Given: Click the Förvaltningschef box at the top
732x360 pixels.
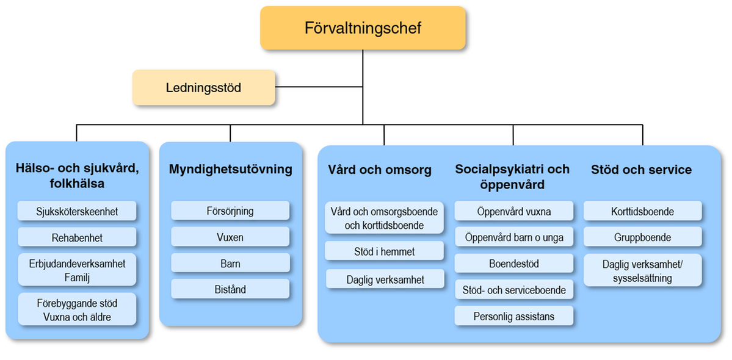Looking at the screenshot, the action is [x=363, y=28].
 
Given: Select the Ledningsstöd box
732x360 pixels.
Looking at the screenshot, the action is [x=204, y=87].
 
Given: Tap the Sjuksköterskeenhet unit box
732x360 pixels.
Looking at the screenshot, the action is [x=77, y=211].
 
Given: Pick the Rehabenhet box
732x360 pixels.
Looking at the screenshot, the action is [x=77, y=237].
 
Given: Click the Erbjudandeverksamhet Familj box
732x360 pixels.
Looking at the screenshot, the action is [x=77, y=270].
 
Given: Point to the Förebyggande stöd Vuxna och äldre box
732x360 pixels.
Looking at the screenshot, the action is [x=77, y=309].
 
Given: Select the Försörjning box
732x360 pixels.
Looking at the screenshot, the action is [x=230, y=211].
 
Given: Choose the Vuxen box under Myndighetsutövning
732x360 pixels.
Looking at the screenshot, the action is [x=230, y=237].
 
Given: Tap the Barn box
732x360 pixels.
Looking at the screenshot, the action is [x=230, y=263].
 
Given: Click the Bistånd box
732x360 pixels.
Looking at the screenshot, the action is [x=230, y=289].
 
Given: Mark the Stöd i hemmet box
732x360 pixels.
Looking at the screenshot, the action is [x=384, y=251].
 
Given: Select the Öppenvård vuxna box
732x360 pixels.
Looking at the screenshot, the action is [x=514, y=211].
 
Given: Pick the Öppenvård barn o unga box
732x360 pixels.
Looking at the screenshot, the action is [x=514, y=237].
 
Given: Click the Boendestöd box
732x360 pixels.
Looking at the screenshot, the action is [x=514, y=264].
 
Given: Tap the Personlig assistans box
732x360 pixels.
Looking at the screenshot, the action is [x=514, y=316].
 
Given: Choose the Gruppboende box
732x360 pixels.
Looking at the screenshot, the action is [x=643, y=237].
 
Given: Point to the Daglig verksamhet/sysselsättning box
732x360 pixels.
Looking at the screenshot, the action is [x=643, y=270].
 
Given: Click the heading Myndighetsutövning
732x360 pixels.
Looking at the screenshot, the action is [x=231, y=169].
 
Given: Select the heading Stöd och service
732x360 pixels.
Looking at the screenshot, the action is [x=642, y=169].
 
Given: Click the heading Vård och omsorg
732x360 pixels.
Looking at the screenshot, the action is [x=380, y=170].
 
